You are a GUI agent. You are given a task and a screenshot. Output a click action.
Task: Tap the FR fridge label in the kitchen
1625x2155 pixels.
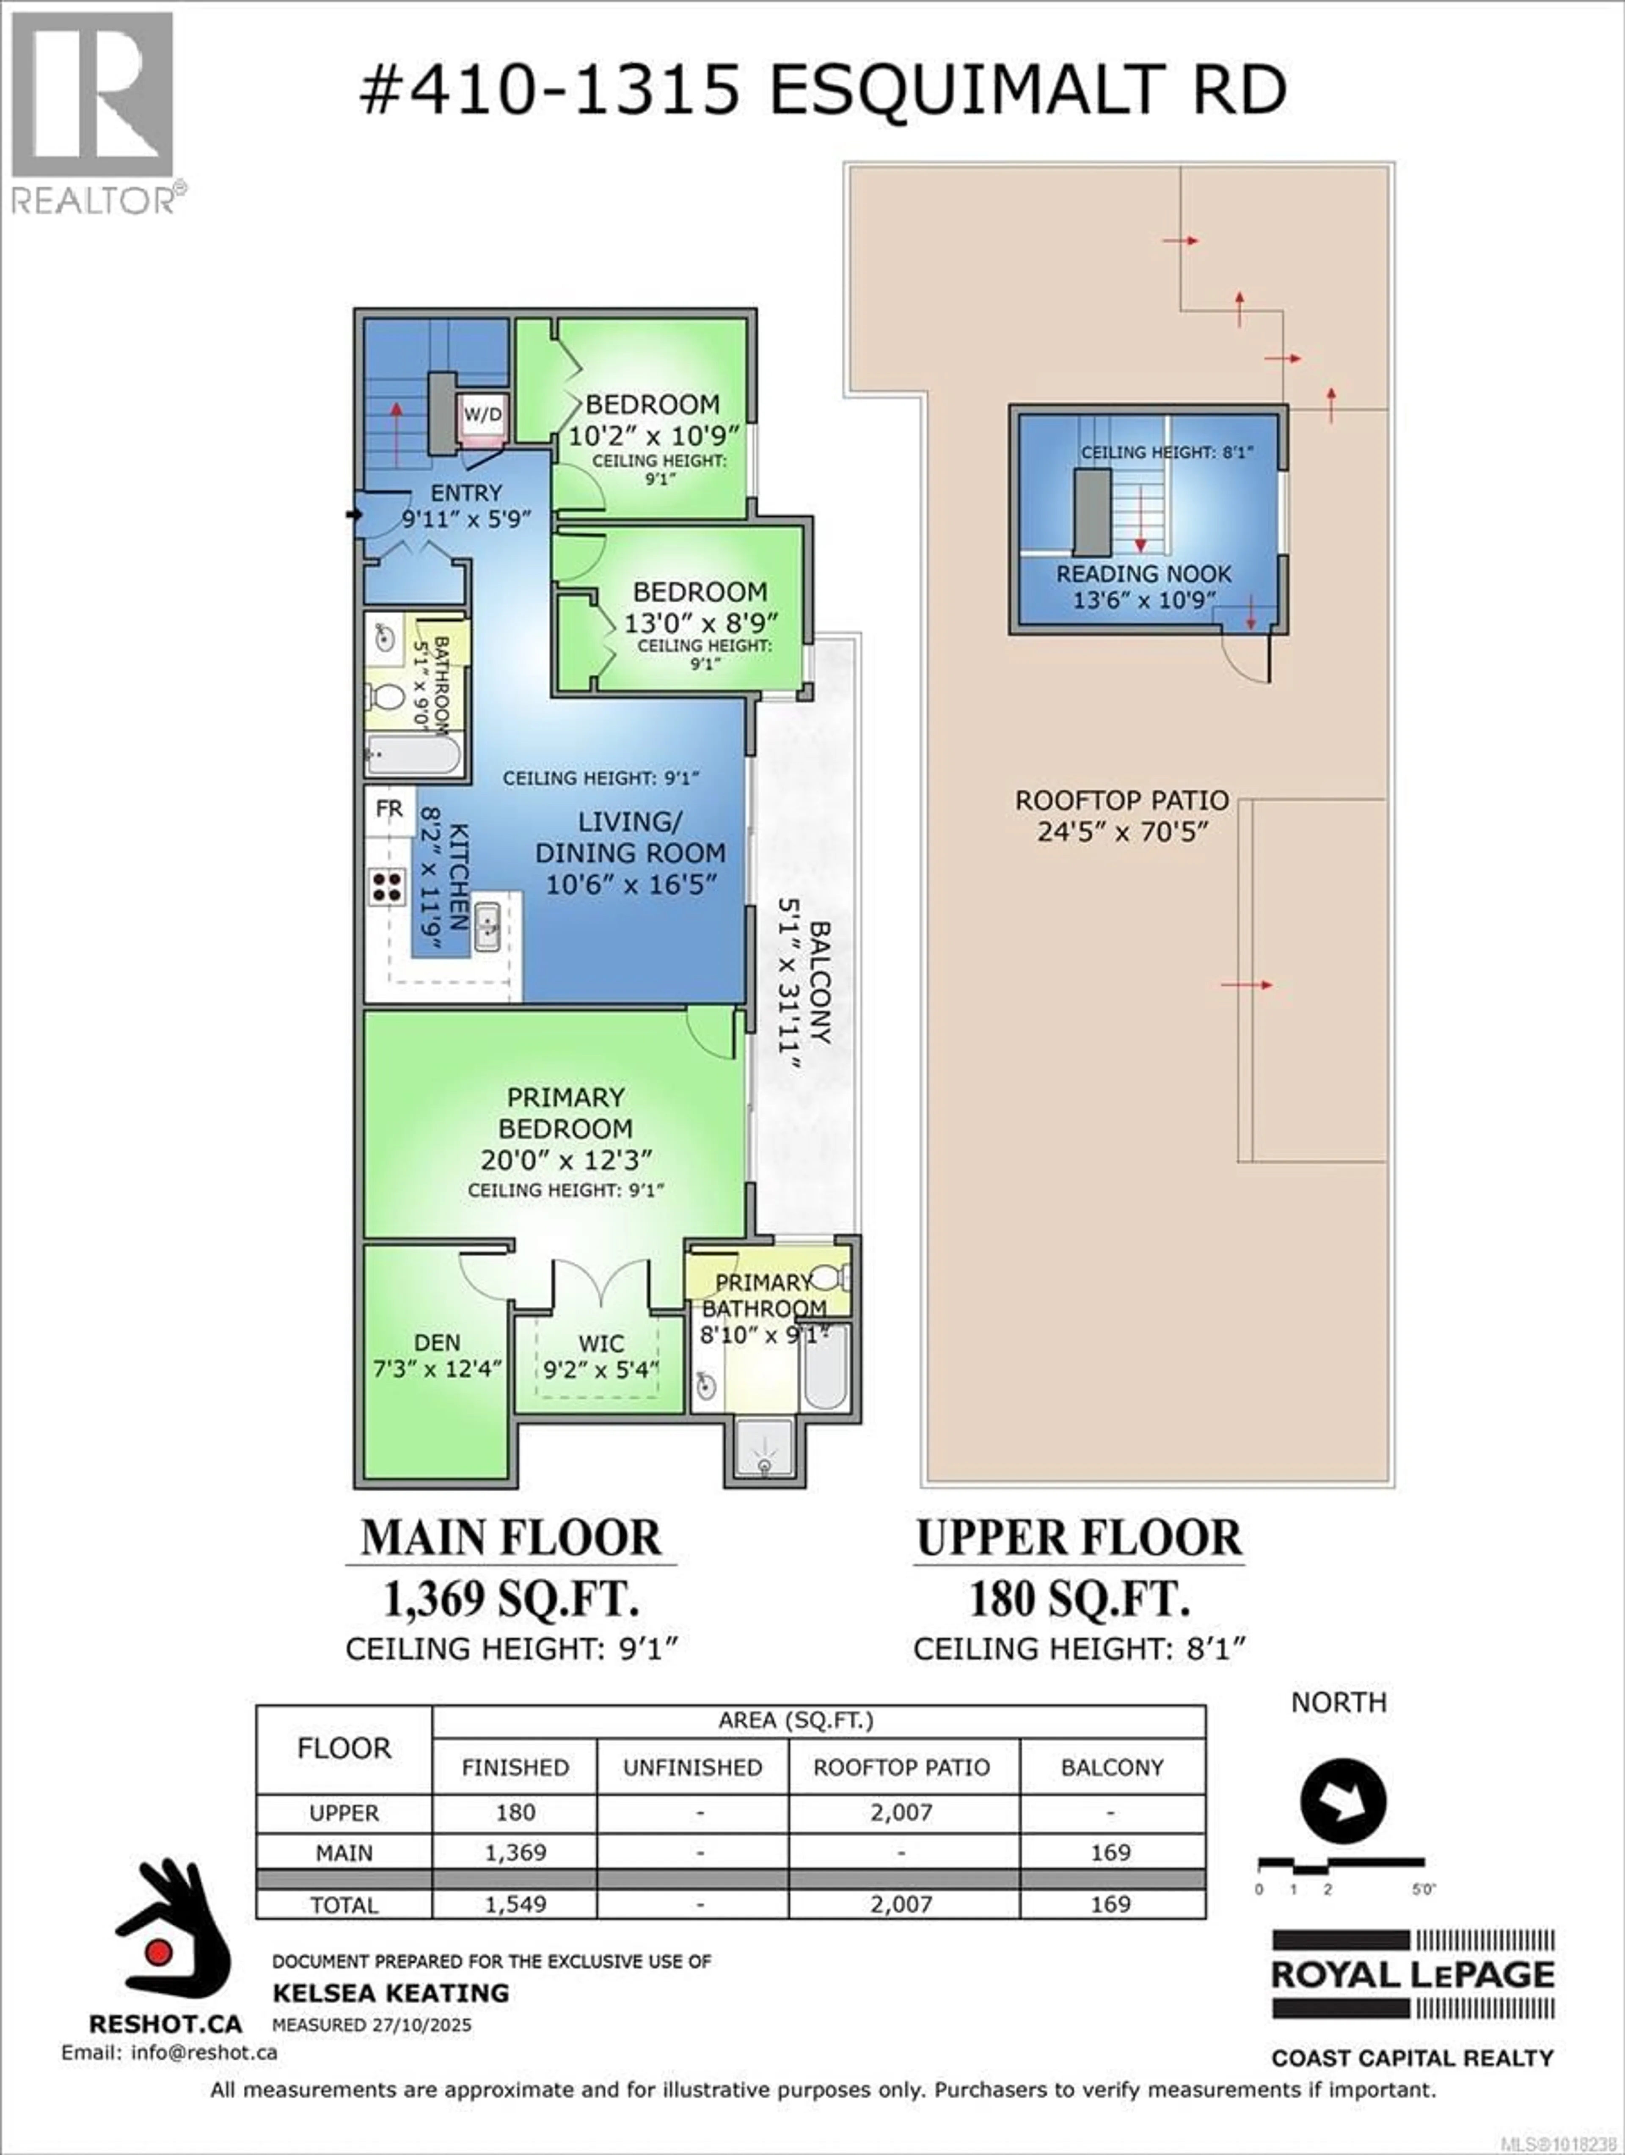[389, 809]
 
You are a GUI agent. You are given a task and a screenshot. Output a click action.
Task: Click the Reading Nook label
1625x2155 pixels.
[1144, 574]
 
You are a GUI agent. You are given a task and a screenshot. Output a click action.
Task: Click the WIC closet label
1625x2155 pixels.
[600, 1343]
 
